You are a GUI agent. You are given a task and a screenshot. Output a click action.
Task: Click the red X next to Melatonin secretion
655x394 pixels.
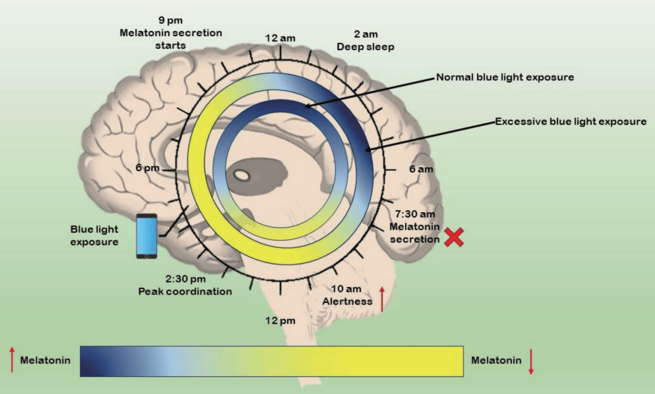(454, 237)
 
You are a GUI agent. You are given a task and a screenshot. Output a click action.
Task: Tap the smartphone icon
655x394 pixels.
(147, 236)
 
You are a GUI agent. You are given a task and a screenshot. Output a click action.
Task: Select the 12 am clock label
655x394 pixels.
(280, 38)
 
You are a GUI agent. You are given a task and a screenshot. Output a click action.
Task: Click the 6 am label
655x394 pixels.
(421, 169)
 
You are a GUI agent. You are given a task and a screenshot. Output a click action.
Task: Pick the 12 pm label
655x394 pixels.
(281, 321)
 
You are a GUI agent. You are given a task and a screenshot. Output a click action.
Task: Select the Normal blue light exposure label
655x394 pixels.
(505, 77)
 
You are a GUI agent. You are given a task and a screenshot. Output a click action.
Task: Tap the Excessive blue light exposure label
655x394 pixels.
(570, 122)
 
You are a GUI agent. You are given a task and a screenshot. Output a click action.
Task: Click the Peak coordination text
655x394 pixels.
(185, 291)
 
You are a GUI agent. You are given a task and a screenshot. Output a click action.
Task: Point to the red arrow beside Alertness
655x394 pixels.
(382, 299)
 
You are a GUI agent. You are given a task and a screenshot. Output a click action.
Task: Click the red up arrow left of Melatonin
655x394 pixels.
(12, 360)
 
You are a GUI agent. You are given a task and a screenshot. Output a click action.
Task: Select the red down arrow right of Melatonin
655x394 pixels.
(531, 363)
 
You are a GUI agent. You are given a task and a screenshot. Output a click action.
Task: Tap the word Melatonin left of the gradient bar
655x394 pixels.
(45, 360)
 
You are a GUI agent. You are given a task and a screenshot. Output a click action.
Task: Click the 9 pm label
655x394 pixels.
(171, 21)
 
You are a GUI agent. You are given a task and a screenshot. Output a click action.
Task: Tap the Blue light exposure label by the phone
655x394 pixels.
(94, 235)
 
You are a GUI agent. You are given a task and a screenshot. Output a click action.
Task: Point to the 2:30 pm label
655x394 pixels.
(185, 279)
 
